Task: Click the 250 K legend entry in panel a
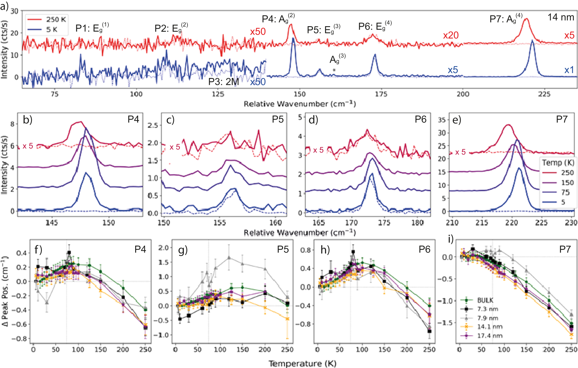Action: coord(56,19)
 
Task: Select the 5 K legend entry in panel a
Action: coord(52,29)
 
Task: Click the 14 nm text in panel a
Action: coord(561,17)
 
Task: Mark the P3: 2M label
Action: coord(223,82)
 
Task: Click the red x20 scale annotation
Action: coord(451,35)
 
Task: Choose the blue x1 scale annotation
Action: coord(569,70)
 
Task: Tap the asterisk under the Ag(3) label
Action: coord(334,70)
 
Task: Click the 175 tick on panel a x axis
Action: coord(381,94)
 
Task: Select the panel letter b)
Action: coord(28,120)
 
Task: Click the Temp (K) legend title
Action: coord(558,163)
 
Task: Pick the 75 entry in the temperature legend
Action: coord(565,192)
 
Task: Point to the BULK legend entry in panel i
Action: coord(485,300)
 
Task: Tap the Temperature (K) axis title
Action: coord(303,363)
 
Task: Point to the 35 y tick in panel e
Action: coord(442,120)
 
